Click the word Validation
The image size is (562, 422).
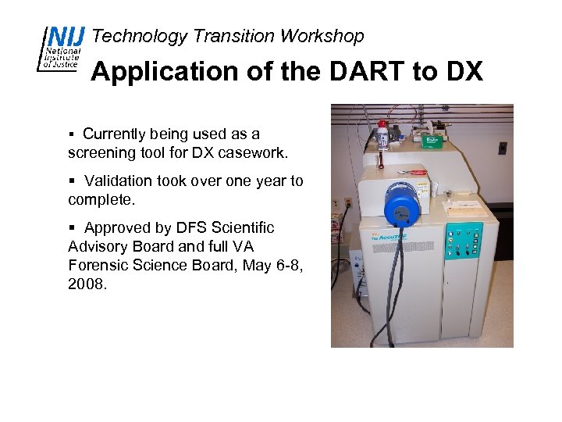(119, 181)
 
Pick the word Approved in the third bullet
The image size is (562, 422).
(119, 228)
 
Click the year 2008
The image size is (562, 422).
(87, 284)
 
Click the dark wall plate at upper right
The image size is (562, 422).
(503, 148)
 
